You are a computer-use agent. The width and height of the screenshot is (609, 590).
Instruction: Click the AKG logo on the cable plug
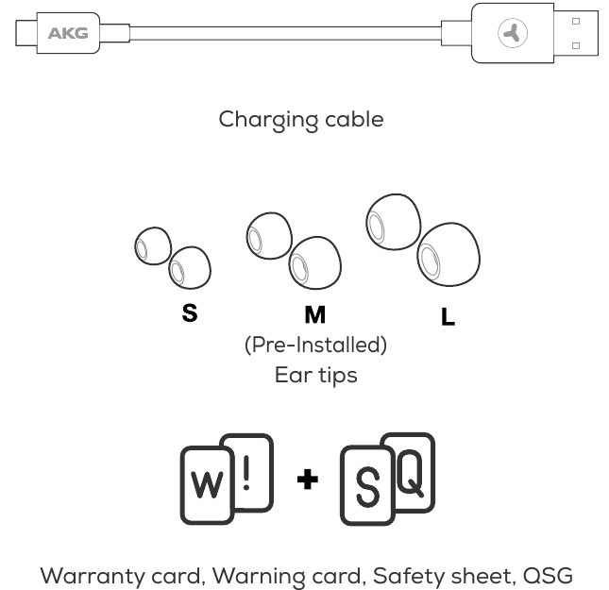(68, 33)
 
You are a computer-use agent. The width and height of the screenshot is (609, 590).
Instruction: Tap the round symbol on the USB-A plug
(513, 33)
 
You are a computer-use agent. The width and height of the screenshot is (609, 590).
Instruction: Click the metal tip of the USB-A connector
(576, 33)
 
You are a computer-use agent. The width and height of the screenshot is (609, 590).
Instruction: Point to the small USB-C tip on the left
(26, 33)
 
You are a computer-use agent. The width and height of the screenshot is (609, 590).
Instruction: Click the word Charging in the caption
(268, 120)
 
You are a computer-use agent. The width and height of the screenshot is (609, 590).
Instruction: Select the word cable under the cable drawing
(354, 119)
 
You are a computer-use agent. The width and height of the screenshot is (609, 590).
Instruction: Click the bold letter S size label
(190, 312)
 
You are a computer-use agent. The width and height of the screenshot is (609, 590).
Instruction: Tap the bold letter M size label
(315, 314)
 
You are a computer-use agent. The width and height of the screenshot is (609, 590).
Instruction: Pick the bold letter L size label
(448, 316)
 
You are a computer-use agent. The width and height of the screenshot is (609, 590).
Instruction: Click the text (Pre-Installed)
(315, 345)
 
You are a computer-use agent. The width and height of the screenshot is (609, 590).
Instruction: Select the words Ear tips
(315, 375)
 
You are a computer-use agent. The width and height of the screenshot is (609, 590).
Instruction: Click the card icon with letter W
(207, 485)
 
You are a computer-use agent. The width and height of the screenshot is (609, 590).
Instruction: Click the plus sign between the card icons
(308, 480)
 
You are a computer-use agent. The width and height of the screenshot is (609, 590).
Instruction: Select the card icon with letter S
(367, 486)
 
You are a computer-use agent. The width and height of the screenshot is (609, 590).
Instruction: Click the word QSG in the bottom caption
(548, 576)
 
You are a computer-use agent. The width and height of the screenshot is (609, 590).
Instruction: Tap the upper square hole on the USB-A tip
(576, 21)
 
